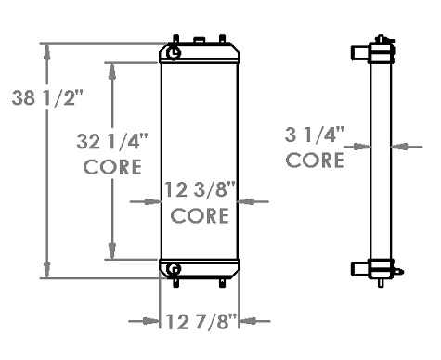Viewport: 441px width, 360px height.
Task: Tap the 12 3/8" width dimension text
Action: pos(201,191)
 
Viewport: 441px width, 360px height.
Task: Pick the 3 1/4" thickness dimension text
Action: pos(315,135)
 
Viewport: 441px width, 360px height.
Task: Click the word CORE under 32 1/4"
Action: pos(112,167)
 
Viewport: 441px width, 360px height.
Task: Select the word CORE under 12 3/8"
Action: pos(201,216)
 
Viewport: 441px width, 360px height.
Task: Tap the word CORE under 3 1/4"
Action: pos(315,160)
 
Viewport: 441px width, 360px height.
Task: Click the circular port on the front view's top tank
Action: pos(175,54)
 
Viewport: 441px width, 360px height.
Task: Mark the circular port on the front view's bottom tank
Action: pos(174,270)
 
